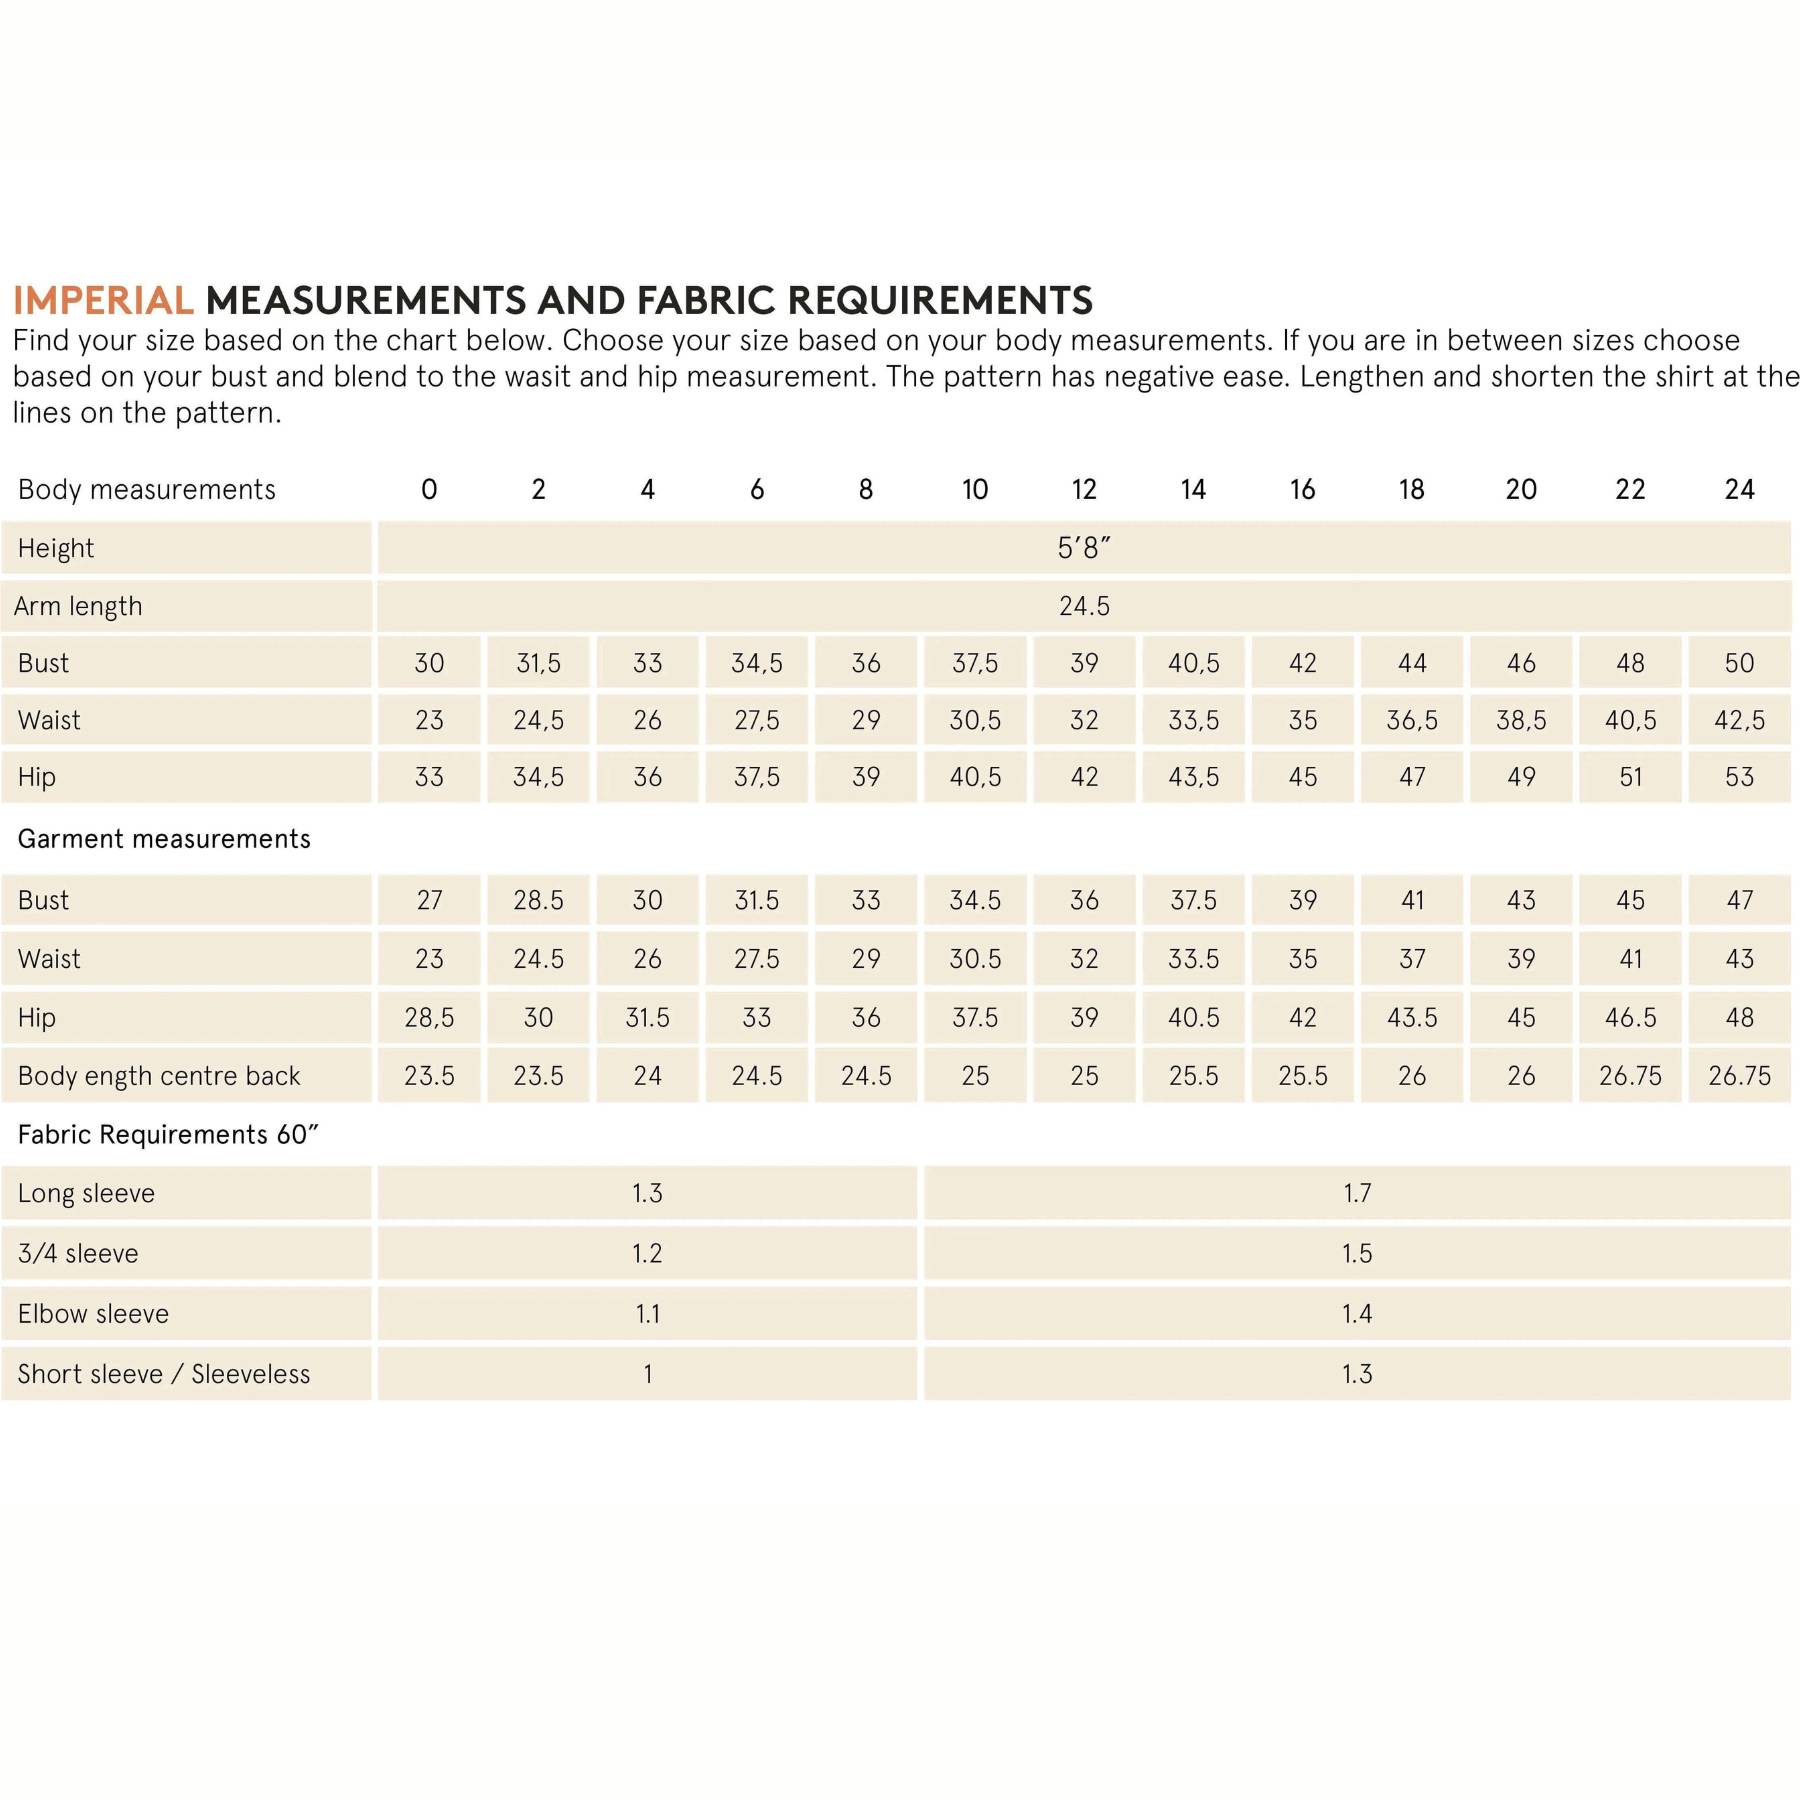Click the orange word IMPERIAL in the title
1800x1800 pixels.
tap(103, 300)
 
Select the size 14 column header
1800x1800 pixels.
tap(1193, 489)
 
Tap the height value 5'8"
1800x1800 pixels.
tap(1084, 548)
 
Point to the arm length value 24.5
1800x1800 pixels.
tap(1084, 606)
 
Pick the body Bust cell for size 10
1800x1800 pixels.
tap(975, 663)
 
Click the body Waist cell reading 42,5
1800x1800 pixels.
tap(1739, 720)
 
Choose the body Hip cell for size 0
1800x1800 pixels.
tap(429, 777)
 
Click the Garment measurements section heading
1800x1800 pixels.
tap(164, 839)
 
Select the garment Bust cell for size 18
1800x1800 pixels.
tap(1412, 900)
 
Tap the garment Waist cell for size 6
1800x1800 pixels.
tap(757, 959)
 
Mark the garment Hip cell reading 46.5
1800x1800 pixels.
tap(1630, 1017)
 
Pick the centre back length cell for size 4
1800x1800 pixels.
tap(647, 1076)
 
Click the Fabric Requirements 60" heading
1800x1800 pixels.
tap(168, 1135)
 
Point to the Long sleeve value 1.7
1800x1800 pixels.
tap(1357, 1193)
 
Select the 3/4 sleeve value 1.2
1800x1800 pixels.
tap(647, 1253)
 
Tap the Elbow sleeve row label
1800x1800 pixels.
tap(93, 1314)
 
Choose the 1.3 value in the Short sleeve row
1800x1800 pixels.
tap(1357, 1374)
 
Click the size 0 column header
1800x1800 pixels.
tap(429, 489)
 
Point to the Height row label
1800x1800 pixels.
tap(56, 548)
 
